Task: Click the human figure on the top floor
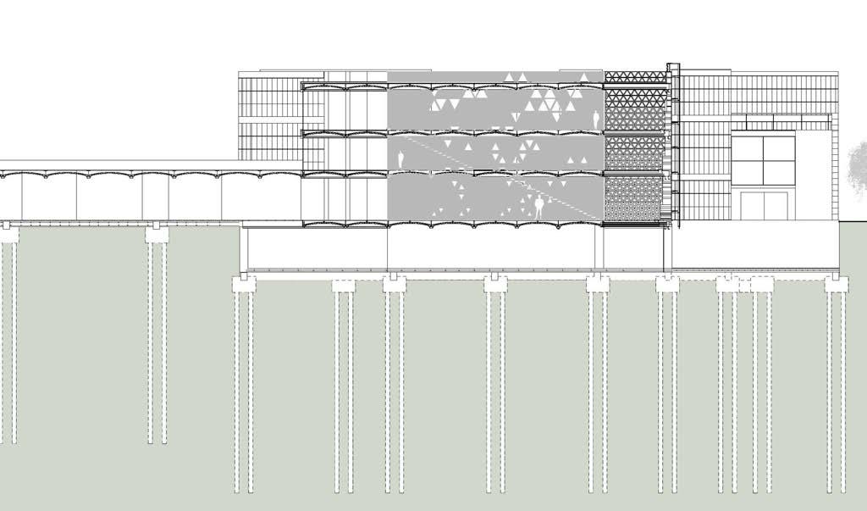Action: [596, 119]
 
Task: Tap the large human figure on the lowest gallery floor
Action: [538, 208]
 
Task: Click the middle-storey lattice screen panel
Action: [634, 153]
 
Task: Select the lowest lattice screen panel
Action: [634, 199]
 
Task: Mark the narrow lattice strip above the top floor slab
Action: [634, 76]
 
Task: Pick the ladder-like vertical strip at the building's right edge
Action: [834, 169]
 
